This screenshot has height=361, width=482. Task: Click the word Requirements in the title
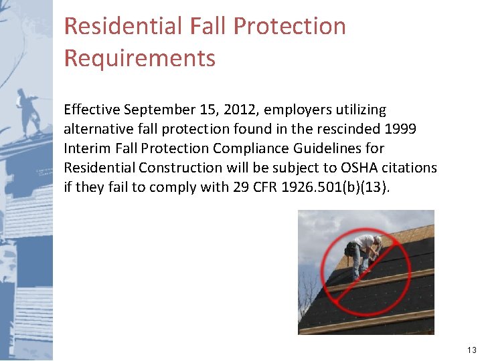click(139, 58)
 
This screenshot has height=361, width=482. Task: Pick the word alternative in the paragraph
click(97, 128)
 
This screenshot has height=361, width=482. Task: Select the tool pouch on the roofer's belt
click(349, 250)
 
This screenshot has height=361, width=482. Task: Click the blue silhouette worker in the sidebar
click(29, 111)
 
